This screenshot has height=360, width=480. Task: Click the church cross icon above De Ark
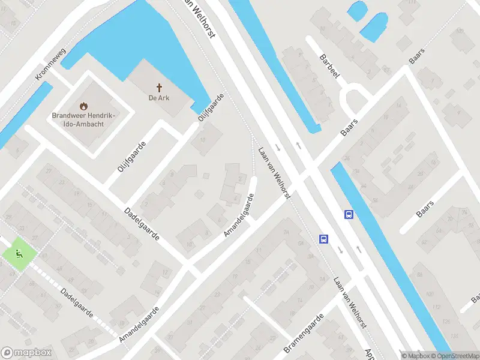pos(160,87)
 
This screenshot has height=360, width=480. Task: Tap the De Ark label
pos(160,98)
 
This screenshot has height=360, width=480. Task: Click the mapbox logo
pos(26,353)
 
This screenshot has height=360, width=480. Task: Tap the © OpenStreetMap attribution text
pos(454,356)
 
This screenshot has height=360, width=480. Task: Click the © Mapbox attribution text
pos(415,356)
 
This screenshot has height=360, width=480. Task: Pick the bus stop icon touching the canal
pos(349,214)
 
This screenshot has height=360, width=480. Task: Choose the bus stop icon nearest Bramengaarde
pos(323,239)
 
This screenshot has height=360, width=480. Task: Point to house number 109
pos(460,31)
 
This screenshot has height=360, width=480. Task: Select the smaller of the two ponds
pos(356,10)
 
